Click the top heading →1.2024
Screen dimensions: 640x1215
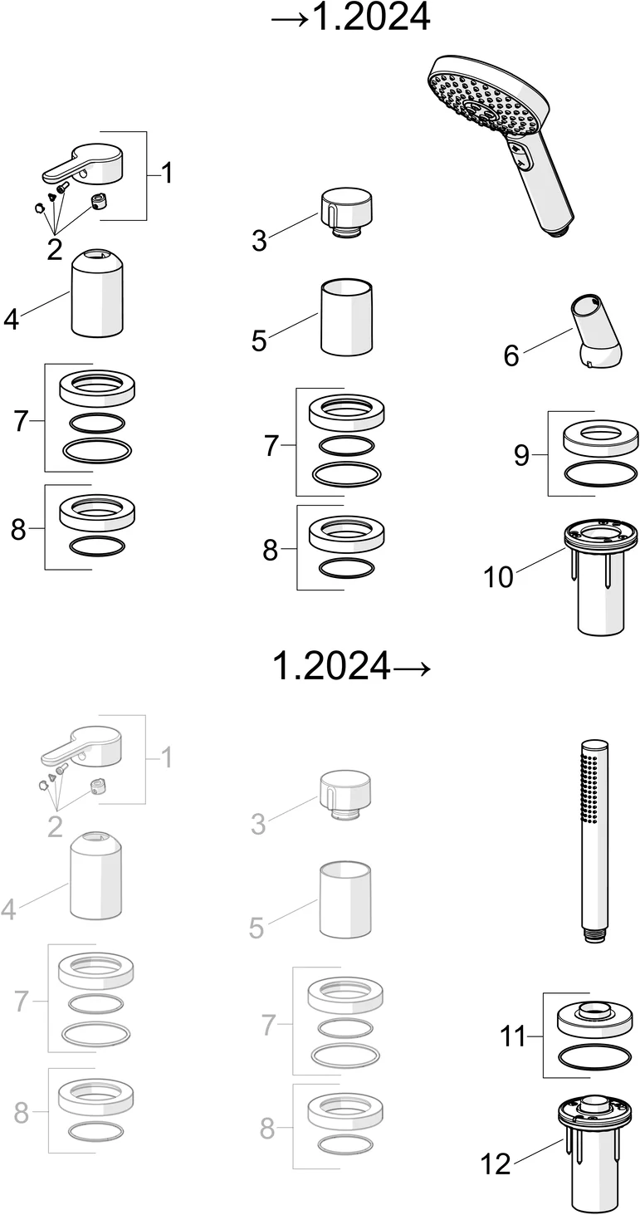351,17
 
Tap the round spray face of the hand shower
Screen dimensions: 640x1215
483,101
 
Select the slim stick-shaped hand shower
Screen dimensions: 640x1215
593,840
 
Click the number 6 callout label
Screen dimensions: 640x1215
511,355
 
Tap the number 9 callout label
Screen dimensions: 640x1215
521,455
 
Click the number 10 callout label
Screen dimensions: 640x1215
498,577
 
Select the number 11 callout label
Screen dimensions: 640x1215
512,1036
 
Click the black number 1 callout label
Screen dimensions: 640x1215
167,173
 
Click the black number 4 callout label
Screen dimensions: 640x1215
11,319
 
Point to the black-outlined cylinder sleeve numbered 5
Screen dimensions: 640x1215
347,317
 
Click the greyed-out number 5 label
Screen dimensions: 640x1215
257,928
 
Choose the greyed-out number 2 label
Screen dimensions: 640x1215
55,827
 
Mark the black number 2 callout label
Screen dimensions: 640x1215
54,249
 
